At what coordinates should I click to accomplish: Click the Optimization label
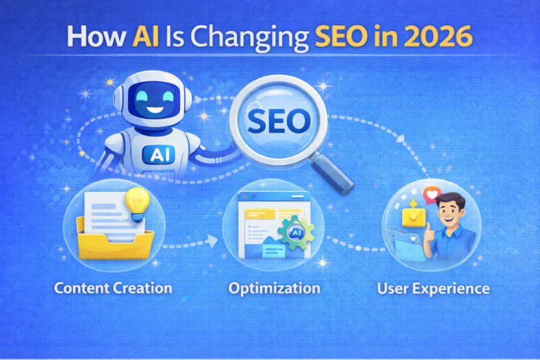pyautogui.click(x=274, y=288)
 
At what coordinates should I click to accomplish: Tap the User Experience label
pyautogui.click(x=433, y=288)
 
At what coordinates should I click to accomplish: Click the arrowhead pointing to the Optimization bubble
pyautogui.click(x=212, y=243)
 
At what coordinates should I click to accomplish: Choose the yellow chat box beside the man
pyautogui.click(x=410, y=221)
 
